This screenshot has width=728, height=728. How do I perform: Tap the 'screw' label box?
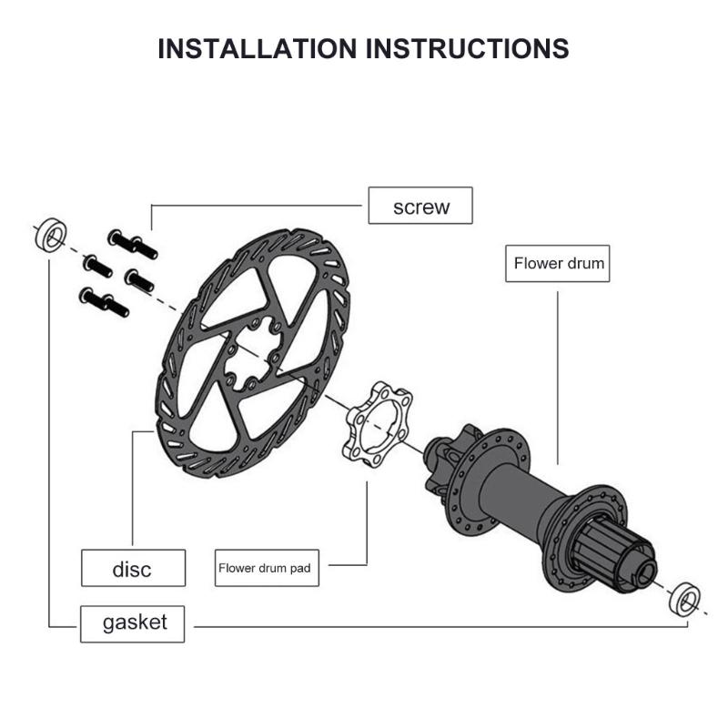pyautogui.click(x=420, y=206)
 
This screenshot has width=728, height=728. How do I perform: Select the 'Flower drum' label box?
pyautogui.click(x=559, y=264)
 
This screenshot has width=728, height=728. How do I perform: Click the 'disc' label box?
pyautogui.click(x=133, y=569)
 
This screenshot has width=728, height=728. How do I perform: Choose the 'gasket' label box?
pyautogui.click(x=135, y=622)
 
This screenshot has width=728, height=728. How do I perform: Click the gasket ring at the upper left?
pyautogui.click(x=48, y=236)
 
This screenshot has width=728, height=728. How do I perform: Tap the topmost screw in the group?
pyautogui.click(x=133, y=243)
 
